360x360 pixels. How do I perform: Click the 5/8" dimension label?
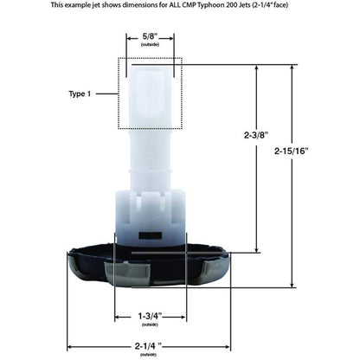tap(150, 37)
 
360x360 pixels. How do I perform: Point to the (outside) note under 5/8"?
tap(150, 47)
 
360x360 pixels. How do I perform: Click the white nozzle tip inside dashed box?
tap(150, 91)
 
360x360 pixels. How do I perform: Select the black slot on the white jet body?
tap(150, 233)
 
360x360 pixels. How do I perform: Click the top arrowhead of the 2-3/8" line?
tap(257, 68)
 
